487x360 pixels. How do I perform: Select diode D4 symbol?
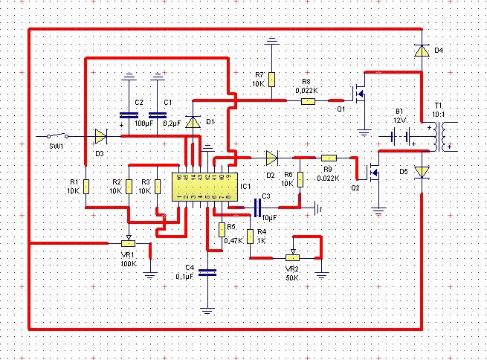click(422, 51)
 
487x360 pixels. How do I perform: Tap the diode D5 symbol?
click(422, 172)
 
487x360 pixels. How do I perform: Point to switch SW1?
click(55, 136)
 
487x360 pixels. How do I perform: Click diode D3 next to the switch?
click(100, 136)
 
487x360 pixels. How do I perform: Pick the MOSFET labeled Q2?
click(374, 173)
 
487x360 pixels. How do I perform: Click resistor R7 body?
click(272, 79)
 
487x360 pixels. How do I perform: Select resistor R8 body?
click(307, 100)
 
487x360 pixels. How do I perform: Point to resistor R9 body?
click(329, 158)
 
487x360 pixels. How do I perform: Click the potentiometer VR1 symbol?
click(128, 242)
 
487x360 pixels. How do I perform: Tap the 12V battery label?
click(400, 120)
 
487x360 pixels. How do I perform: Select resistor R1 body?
click(86, 185)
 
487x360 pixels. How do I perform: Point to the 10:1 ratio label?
click(438, 114)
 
